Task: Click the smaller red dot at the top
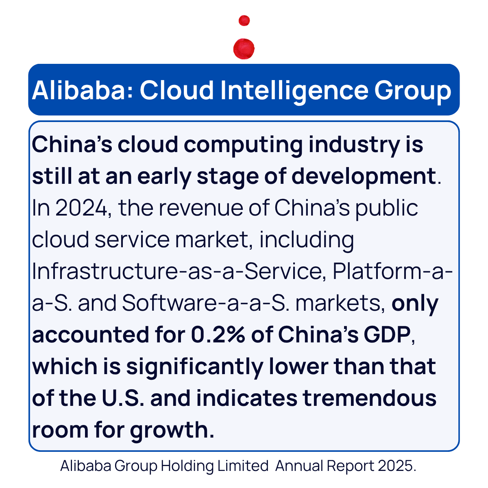(244, 20)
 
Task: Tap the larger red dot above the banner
(244, 49)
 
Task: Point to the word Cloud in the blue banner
(177, 90)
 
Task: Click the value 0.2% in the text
(218, 335)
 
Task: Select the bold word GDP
(388, 335)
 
